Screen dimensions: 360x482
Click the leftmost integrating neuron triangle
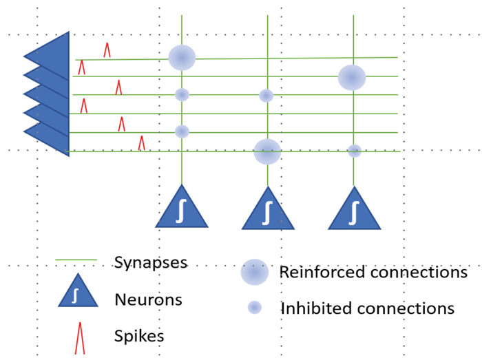coord(182,209)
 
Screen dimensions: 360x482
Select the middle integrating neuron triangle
coord(268,211)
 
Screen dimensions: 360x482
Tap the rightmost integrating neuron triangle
coord(354,211)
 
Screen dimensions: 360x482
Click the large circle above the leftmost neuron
coord(182,58)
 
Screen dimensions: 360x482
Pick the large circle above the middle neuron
coord(267,151)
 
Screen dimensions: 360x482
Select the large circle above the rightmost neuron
coord(352,78)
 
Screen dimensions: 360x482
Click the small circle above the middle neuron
coord(266,96)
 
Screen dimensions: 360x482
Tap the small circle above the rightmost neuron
coord(354,151)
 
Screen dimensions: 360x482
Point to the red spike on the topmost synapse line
coord(107,50)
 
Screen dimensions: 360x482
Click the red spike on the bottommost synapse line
coord(142,143)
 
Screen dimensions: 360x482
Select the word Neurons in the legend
coord(148,299)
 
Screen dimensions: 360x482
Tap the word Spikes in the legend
coord(139,336)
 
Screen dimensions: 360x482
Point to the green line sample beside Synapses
coord(76,261)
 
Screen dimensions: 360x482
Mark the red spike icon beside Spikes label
coord(79,337)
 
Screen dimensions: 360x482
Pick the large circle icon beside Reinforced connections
coord(254,273)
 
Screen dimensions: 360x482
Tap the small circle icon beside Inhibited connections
coord(255,308)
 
